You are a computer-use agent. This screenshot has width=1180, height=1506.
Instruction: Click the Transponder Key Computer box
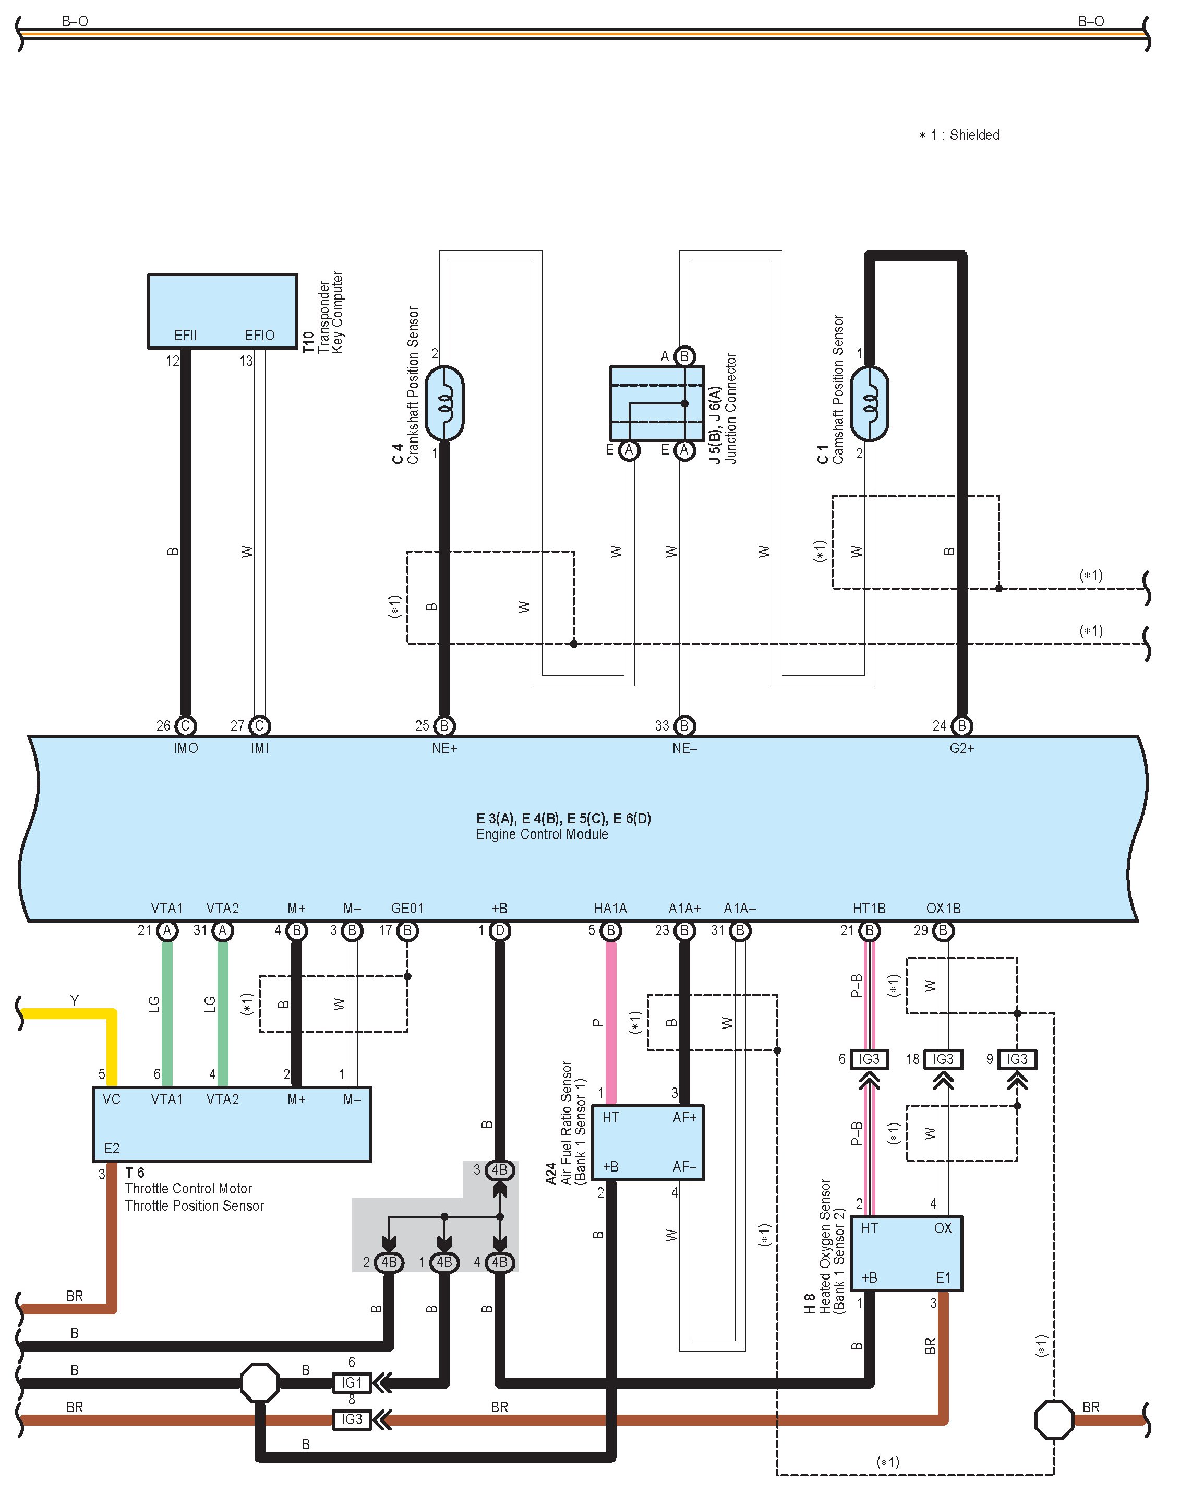coord(222,310)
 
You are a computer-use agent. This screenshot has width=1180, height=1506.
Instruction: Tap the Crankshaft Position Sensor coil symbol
coord(444,403)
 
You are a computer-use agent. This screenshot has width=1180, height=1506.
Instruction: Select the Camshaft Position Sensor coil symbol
coord(869,403)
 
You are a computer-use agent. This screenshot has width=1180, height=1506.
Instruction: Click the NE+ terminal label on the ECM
coord(444,748)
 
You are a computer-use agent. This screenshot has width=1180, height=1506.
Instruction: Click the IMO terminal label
coord(185,748)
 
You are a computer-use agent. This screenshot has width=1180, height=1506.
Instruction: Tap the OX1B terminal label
coord(943,908)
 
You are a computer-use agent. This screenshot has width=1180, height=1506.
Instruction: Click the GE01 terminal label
coord(407,908)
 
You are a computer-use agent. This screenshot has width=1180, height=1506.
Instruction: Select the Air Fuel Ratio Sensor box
coord(657,1142)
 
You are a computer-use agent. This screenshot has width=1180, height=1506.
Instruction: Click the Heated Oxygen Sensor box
coord(906,1253)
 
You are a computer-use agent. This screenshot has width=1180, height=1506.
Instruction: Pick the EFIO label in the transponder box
coord(260,335)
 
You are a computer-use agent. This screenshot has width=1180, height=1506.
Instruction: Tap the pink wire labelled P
coord(611,1023)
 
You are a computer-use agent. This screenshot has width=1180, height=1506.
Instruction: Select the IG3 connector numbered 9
coord(1017,1059)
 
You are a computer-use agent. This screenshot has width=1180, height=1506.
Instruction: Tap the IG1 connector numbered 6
coord(352,1382)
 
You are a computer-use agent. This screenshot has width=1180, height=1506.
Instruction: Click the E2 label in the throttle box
coord(111,1148)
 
